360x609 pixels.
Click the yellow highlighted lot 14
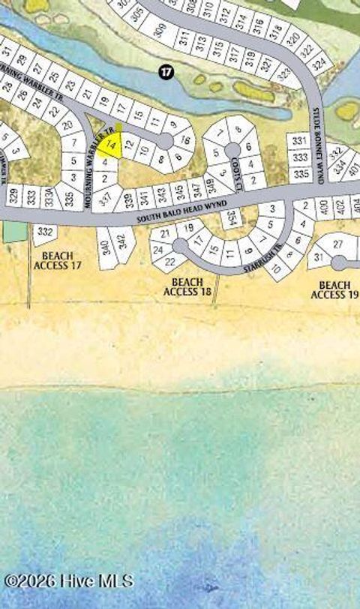pos(109,142)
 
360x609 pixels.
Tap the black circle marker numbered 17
pos(166,72)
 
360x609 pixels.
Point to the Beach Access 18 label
pos(187,286)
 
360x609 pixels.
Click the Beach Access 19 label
pos(334,289)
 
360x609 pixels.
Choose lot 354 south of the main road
pos(232,218)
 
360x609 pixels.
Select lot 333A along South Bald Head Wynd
pos(50,198)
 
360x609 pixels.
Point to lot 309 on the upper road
pos(159,31)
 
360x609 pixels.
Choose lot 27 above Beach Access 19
pos(337,244)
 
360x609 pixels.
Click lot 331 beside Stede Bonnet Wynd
pos(300,141)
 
